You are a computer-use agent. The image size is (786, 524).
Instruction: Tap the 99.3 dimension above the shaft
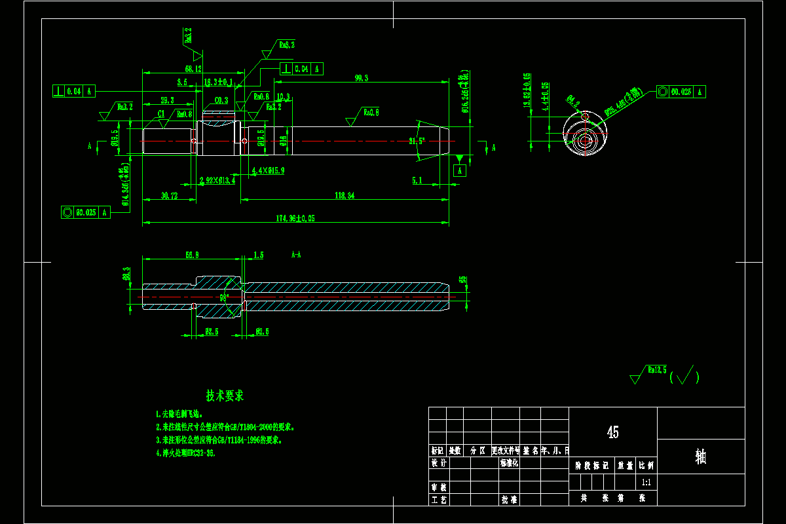(x=362, y=78)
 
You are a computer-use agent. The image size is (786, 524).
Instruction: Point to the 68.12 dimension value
(x=193, y=68)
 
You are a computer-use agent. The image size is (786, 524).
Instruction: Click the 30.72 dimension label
(x=169, y=196)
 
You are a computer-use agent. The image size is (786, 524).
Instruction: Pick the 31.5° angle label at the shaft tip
(x=417, y=141)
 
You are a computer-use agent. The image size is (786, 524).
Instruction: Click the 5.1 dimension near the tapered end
(x=417, y=179)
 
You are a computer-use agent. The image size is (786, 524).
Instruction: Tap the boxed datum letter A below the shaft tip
(x=460, y=171)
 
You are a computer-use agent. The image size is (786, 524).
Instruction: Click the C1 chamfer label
(x=160, y=113)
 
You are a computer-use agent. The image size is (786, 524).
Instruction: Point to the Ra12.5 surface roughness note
(x=657, y=370)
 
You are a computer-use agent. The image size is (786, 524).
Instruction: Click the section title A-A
(x=296, y=254)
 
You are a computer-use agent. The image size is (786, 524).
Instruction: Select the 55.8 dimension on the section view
(x=193, y=254)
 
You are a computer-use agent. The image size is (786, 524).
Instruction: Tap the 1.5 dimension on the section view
(x=258, y=254)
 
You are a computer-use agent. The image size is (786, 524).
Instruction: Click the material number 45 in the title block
(x=612, y=432)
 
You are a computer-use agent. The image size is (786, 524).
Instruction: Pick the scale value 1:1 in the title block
(x=646, y=482)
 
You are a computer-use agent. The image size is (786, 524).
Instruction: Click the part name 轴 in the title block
(x=700, y=457)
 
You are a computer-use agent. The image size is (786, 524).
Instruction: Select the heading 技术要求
(x=225, y=396)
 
